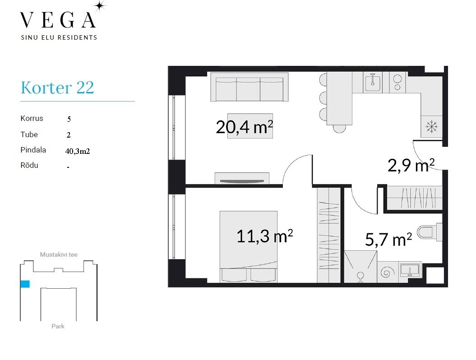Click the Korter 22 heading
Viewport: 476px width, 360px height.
coord(57,88)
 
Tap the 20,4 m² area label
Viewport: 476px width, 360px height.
coord(245,127)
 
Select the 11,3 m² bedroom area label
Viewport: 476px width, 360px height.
coord(265,236)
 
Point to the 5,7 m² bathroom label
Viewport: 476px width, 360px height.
coord(388,239)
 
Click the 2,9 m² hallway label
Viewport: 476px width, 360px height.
coord(411,165)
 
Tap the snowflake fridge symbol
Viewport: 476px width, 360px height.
coord(431,126)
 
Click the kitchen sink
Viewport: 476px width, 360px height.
coord(373,82)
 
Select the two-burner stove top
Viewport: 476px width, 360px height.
coord(397,82)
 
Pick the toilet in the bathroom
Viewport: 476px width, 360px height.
coord(430,232)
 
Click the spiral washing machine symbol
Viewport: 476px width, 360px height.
coord(387,272)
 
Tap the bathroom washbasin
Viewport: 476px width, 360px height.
coord(410,269)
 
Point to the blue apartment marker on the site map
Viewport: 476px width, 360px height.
coord(25,284)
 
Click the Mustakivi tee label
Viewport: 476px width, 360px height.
coord(59,255)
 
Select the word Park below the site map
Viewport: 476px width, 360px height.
coord(58,326)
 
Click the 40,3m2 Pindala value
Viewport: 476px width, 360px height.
coord(78,151)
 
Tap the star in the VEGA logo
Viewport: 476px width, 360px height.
coord(100,6)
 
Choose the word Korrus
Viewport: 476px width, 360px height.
coord(32,118)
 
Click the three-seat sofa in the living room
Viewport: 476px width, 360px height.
coord(250,87)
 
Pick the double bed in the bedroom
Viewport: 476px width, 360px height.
coord(248,247)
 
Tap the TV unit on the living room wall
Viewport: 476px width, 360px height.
coord(242,178)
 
